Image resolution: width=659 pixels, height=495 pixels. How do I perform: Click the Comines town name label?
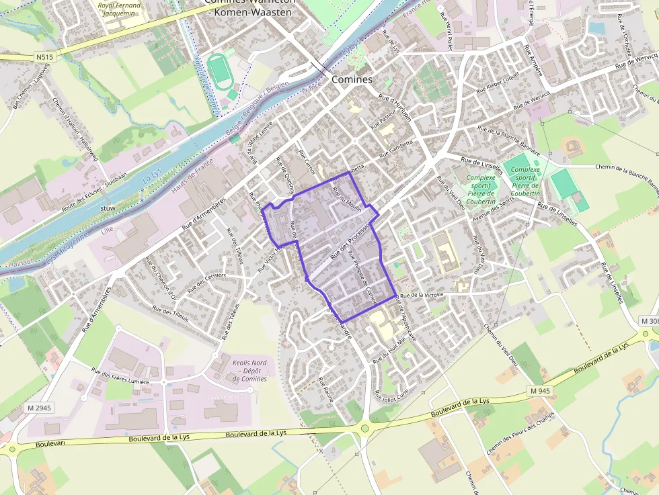pos(352,79)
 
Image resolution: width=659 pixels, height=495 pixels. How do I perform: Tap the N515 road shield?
pos(44,58)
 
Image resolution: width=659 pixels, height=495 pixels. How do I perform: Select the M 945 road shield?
pos(539,391)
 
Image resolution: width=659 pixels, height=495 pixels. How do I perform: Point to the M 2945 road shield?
pos(40,408)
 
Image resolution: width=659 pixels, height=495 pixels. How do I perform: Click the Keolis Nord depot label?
pos(249,371)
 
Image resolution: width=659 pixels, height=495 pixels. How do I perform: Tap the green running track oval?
pos(217,70)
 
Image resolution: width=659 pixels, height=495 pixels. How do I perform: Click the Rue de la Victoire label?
pos(422,296)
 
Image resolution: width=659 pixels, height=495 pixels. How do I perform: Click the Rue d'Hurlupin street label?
pos(394,107)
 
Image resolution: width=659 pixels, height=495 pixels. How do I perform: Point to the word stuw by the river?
pos(107,209)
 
